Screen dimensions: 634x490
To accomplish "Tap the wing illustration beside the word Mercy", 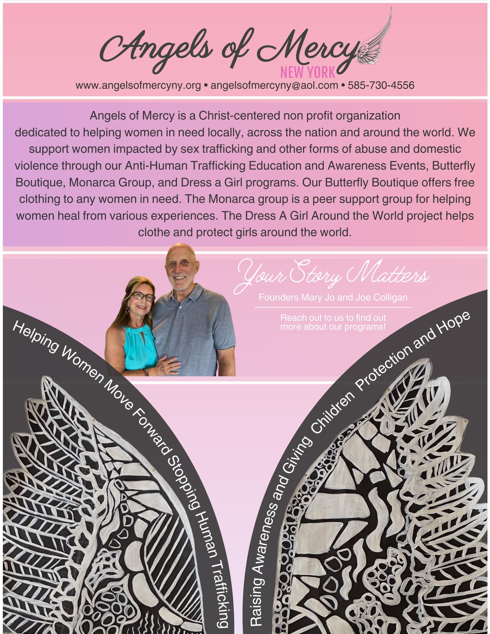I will click(376, 41).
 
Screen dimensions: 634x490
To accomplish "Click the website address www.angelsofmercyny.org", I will click(138, 85).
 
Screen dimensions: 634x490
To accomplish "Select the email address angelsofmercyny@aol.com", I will click(274, 85).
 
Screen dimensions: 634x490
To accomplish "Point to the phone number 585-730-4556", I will click(381, 85).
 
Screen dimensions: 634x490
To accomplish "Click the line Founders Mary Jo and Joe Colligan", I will click(333, 297).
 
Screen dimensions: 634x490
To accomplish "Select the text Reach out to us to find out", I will click(333, 317).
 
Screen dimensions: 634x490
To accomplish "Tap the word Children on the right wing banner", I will click(333, 412).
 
